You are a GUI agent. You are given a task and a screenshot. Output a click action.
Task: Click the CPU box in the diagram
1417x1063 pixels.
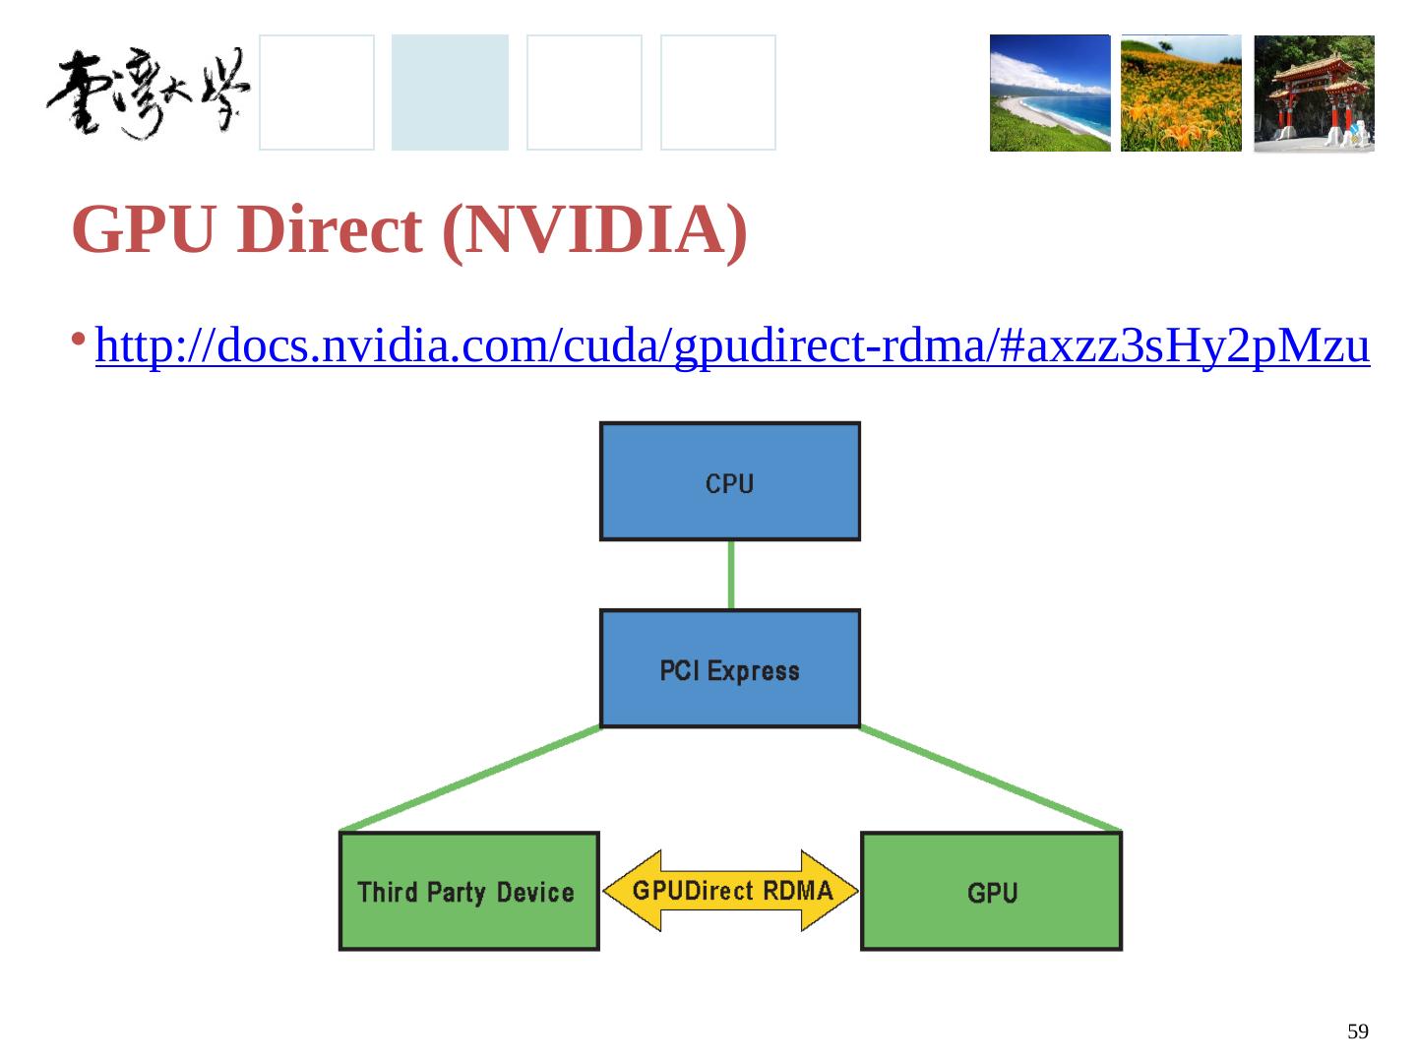[x=729, y=481]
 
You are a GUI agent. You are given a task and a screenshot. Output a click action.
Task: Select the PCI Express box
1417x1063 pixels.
[x=729, y=668]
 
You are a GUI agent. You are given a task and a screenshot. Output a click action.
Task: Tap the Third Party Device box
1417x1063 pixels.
[x=468, y=891]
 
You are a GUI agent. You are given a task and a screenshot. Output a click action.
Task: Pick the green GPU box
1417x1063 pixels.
[x=991, y=891]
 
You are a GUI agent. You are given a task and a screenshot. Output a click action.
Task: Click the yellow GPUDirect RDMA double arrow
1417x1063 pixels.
[x=730, y=891]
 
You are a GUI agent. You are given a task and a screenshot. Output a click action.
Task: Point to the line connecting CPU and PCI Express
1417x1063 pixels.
[x=730, y=575]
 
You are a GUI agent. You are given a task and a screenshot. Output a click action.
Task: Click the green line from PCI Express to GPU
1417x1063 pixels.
[x=991, y=779]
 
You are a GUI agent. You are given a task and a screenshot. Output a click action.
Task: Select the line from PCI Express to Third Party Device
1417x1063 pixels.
[x=468, y=779]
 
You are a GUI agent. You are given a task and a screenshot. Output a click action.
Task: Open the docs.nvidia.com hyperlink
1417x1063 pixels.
[x=732, y=346]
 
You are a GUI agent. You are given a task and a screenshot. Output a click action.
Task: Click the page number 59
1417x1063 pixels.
[x=1358, y=1032]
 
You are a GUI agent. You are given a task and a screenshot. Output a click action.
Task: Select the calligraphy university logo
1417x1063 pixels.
[x=148, y=94]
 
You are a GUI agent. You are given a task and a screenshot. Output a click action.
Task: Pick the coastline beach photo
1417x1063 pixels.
[x=1049, y=94]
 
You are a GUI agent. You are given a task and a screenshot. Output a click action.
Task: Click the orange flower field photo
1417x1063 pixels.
[x=1181, y=94]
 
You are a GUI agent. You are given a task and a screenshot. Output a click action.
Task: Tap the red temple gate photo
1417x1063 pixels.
[x=1314, y=94]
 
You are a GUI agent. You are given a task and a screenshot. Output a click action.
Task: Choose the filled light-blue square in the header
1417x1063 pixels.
[x=450, y=93]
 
